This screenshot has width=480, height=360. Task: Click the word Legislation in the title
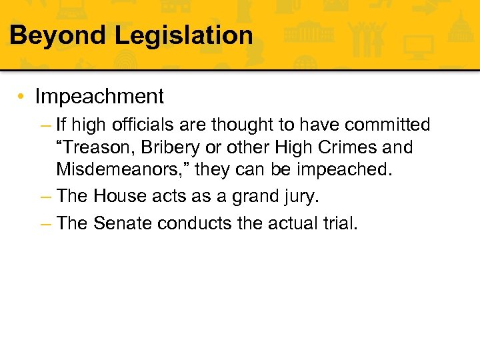pyautogui.click(x=184, y=35)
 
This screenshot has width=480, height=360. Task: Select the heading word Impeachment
pyautogui.click(x=99, y=97)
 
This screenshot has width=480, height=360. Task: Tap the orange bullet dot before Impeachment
pyautogui.click(x=22, y=97)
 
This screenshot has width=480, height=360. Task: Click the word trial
pyautogui.click(x=338, y=223)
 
